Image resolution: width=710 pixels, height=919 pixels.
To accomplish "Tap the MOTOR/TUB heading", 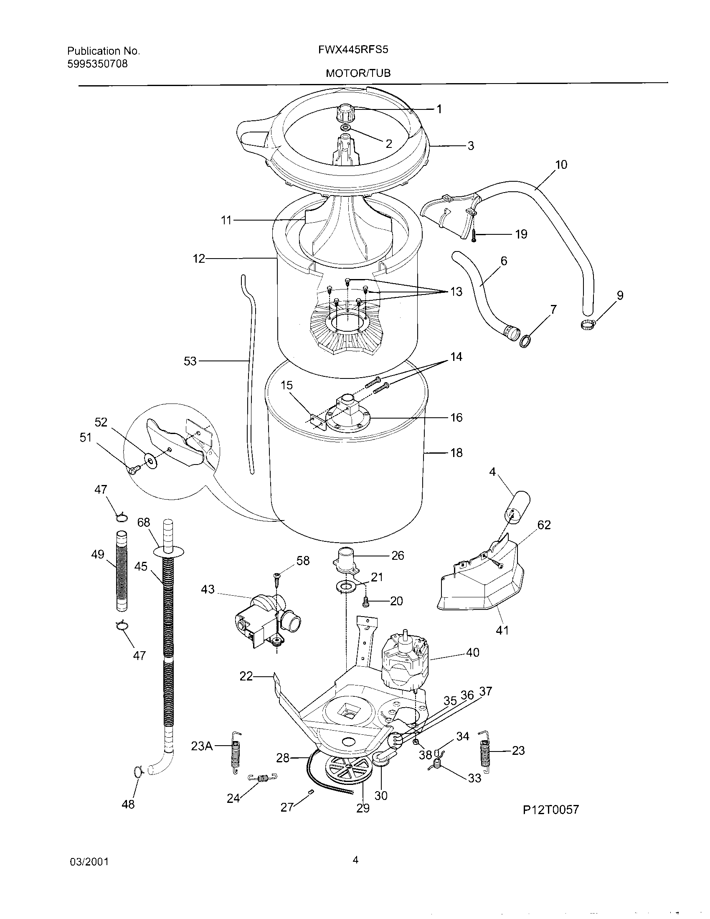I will [358, 73].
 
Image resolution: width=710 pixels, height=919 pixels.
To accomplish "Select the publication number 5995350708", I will [97, 64].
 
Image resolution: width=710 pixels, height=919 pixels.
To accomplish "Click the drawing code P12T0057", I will [550, 809].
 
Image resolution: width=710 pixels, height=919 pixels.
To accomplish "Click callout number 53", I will [190, 361].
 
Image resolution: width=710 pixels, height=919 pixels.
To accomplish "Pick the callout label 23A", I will [201, 746].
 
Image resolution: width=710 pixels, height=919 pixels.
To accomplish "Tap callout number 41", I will [502, 642].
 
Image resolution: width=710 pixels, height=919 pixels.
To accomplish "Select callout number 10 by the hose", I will [561, 165].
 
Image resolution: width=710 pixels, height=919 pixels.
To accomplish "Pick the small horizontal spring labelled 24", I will [261, 779].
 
